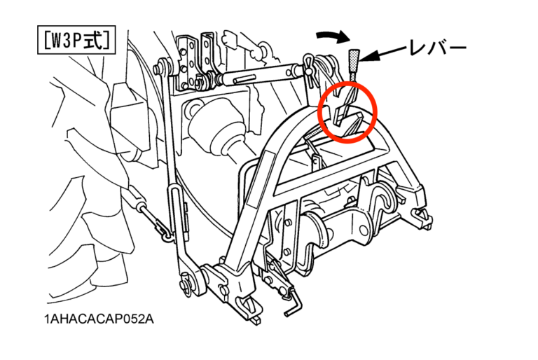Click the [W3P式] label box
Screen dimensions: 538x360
76,40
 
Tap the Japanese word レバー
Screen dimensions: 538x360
438,48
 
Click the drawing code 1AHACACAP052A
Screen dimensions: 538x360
99,319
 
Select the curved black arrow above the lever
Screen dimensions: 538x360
333,36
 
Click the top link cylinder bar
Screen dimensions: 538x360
260,76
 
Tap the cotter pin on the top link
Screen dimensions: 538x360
310,69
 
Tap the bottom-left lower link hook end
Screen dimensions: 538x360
249,309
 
